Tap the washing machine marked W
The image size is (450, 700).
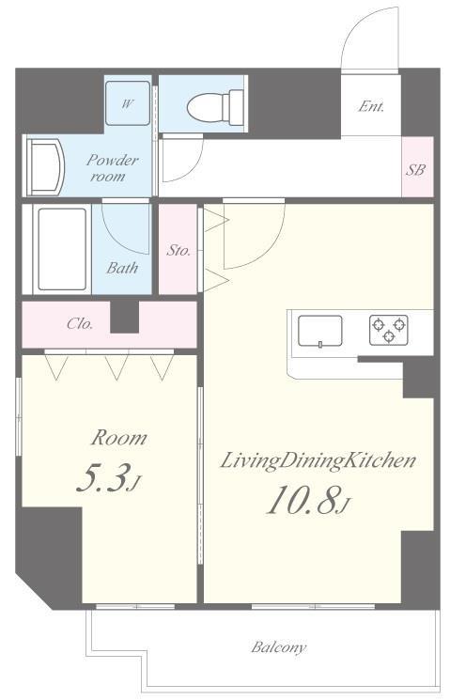[127, 103]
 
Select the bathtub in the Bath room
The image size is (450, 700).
[62, 249]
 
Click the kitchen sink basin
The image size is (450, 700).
[320, 331]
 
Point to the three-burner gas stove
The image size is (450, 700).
[388, 330]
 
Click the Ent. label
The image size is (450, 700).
[371, 107]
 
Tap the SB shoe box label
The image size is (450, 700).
[415, 170]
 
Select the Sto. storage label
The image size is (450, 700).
[178, 251]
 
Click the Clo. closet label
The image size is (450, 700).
[80, 323]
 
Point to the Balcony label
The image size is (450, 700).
[279, 646]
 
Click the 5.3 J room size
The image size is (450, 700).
[109, 478]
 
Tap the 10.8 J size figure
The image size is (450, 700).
[308, 499]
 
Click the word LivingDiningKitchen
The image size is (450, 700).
[318, 461]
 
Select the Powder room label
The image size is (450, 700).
[112, 168]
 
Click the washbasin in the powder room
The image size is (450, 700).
[45, 167]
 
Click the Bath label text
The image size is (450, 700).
[122, 268]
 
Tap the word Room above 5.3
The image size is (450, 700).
[118, 439]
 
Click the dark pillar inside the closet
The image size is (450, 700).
[125, 317]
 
